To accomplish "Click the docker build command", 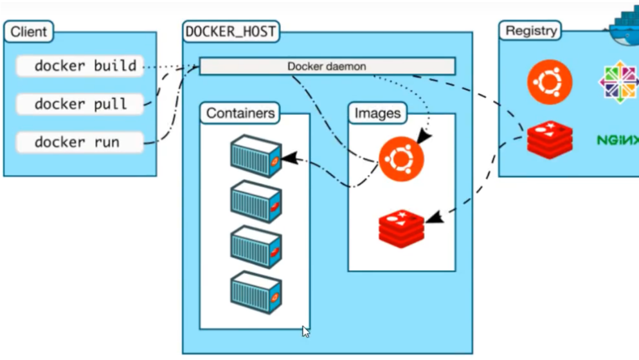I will click(79, 66).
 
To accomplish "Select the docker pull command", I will click(79, 104).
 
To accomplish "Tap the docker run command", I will click(79, 142).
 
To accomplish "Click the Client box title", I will click(29, 30).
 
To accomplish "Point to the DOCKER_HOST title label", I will click(231, 31).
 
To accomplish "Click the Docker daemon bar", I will click(327, 66).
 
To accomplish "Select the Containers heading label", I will click(240, 114).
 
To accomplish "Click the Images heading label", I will click(377, 114).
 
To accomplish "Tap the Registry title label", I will click(530, 30).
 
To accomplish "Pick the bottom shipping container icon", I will click(255, 291).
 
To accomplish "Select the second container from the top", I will click(255, 201).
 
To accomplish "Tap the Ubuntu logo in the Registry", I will click(550, 82).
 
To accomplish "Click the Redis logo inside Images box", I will click(402, 229).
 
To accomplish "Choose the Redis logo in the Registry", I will click(550, 139).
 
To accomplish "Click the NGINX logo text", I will click(617, 139).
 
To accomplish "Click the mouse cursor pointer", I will click(305, 332).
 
